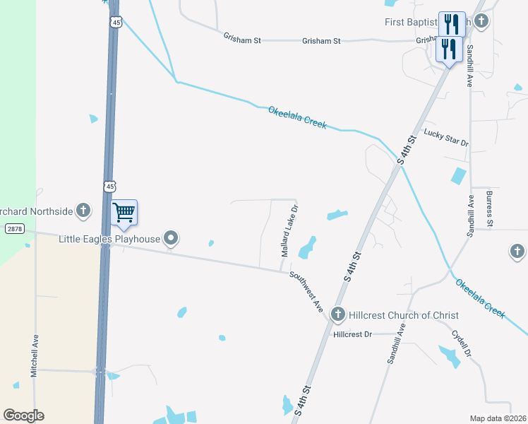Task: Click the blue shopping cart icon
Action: tap(124, 212)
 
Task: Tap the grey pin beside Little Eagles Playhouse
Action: tap(171, 239)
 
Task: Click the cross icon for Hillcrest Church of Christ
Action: tap(337, 314)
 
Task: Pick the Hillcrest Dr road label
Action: tap(352, 334)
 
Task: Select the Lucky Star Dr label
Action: tap(446, 138)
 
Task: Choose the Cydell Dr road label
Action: tap(460, 344)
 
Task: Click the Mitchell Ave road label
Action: tap(34, 355)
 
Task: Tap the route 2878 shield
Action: tap(13, 229)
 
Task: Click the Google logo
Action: tap(23, 416)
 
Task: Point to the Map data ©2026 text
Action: tap(498, 418)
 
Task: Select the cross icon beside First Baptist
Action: tap(481, 20)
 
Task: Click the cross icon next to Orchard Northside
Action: tap(83, 211)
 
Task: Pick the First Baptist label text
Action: tap(412, 23)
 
